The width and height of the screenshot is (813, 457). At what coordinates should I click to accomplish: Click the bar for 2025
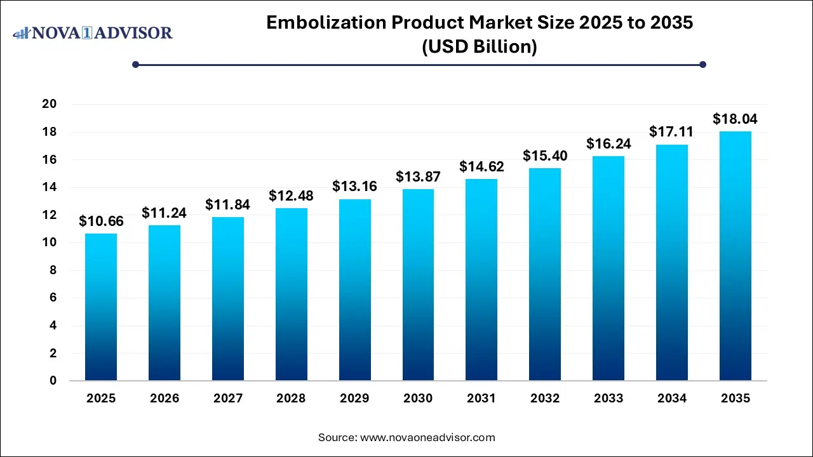(101, 307)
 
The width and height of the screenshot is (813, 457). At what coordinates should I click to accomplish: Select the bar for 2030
(418, 285)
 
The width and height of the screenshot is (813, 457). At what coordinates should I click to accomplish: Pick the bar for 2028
(292, 295)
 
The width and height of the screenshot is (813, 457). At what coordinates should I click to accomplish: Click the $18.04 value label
(735, 119)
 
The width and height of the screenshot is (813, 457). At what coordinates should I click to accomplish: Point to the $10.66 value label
(101, 221)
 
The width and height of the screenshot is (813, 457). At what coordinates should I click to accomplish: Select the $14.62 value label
(481, 166)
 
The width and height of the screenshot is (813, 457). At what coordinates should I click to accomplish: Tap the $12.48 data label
(292, 195)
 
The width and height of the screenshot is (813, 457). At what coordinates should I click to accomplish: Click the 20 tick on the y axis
(50, 104)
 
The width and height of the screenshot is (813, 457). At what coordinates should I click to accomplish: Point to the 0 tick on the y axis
(54, 381)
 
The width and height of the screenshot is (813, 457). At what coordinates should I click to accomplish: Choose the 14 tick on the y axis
(50, 187)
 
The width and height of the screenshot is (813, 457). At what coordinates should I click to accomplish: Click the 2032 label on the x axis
(545, 399)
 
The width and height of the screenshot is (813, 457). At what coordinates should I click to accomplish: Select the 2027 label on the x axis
(228, 399)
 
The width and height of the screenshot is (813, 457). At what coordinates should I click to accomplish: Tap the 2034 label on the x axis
(672, 399)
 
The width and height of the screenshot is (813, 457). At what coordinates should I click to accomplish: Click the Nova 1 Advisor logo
(93, 32)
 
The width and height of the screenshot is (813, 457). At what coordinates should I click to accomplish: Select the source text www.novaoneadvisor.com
(428, 437)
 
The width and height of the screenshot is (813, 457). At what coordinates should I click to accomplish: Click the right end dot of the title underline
(702, 64)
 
